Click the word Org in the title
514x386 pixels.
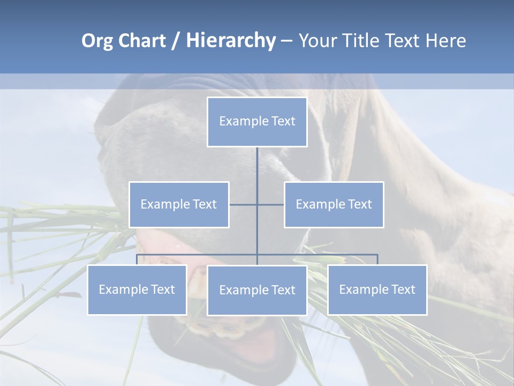(96, 41)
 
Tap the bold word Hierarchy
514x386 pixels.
(231, 41)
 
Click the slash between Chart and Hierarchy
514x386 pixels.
(176, 41)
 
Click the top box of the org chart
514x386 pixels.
(257, 122)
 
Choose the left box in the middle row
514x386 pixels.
(179, 204)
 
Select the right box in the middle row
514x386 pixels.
(334, 204)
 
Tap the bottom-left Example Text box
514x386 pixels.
(137, 289)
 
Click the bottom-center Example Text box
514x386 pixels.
(257, 290)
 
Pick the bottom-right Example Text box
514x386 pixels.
(377, 289)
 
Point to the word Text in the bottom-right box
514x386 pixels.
(402, 289)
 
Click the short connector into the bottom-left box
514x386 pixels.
(137, 259)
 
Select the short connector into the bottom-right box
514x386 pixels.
(377, 259)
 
